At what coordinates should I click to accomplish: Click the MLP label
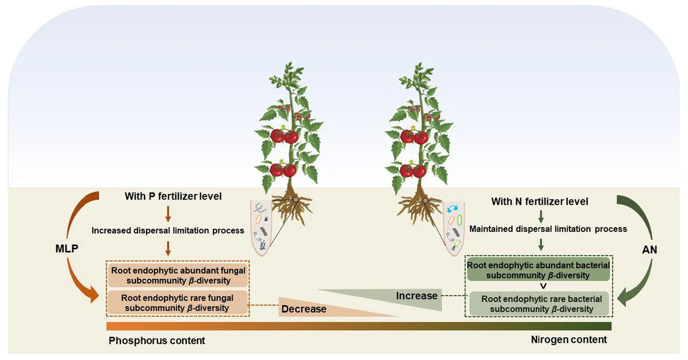tap(67, 248)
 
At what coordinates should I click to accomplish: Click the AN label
tap(649, 249)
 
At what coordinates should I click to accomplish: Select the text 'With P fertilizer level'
tap(173, 196)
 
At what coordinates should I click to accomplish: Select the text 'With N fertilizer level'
tap(540, 201)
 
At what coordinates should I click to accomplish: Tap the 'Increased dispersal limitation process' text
tap(168, 230)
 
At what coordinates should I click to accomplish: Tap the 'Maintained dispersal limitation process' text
tap(548, 229)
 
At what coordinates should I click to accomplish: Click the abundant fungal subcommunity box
tap(178, 276)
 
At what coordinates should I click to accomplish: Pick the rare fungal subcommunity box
tap(177, 303)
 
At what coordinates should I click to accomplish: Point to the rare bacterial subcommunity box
tap(541, 304)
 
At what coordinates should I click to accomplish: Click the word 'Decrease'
tap(303, 309)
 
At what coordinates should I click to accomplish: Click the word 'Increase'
tap(416, 296)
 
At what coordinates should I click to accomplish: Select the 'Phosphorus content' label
tap(157, 340)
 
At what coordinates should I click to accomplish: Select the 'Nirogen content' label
tap(569, 339)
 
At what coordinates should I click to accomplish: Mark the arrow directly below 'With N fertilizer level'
tap(541, 217)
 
